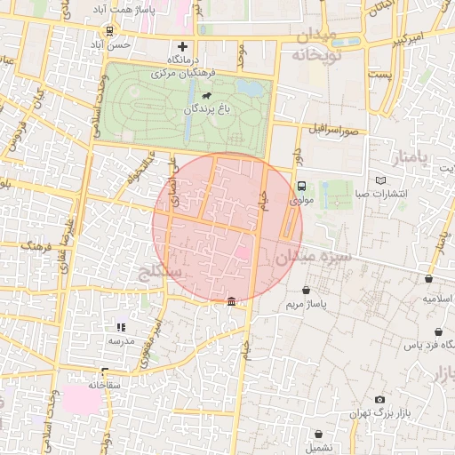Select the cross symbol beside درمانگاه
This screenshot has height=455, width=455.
(183, 46)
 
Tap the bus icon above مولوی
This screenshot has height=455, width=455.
(301, 187)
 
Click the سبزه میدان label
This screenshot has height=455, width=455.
(313, 257)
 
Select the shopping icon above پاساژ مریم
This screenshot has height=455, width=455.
(307, 290)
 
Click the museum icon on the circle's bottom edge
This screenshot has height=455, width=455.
(231, 302)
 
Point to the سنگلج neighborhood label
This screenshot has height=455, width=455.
(157, 270)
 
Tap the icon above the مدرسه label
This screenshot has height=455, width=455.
(121, 327)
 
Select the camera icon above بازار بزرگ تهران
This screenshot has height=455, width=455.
(380, 401)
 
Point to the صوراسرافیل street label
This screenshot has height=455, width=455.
(332, 130)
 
